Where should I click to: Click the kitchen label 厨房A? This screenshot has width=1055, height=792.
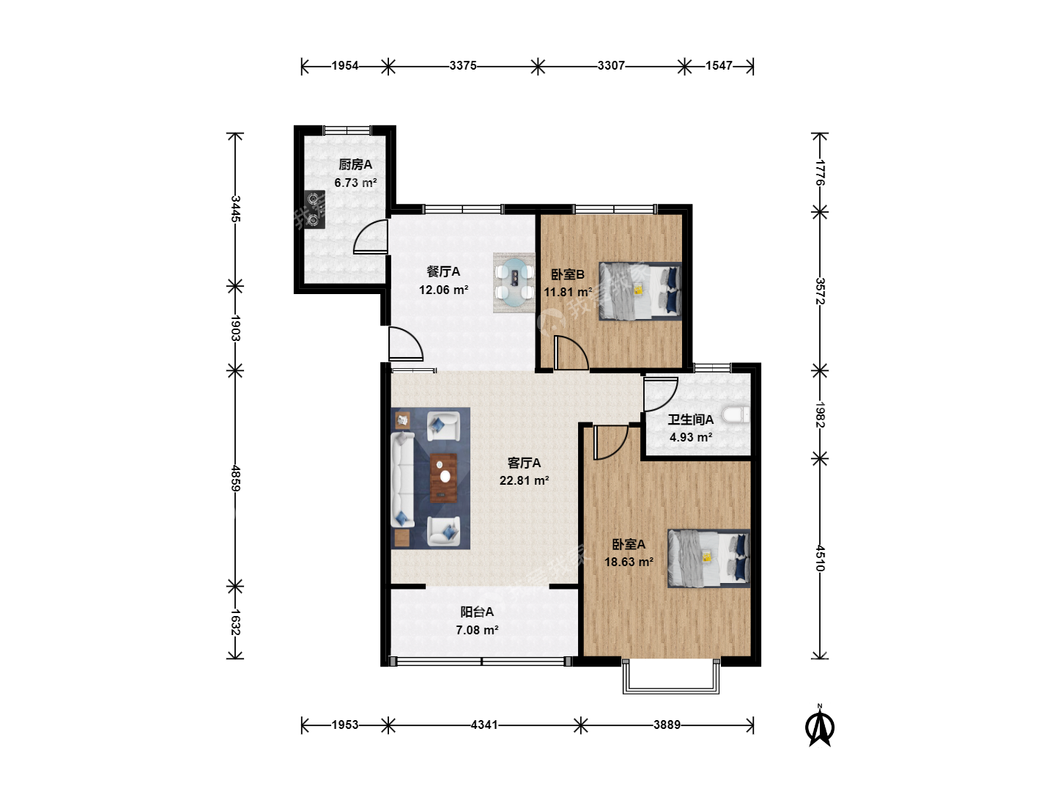355,164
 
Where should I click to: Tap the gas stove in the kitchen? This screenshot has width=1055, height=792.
314,210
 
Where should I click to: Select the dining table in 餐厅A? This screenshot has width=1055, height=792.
514,282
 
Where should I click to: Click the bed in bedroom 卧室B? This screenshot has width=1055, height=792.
640,291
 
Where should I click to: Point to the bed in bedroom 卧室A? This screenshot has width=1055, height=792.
709,558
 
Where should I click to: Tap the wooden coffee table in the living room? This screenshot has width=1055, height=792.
443,478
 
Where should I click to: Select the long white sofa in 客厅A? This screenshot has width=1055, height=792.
403,480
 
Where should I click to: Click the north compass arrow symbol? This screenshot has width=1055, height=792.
820,727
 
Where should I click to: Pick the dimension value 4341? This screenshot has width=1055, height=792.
484,725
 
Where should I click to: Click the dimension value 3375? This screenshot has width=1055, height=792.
463,65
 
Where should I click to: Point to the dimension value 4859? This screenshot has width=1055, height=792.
235,478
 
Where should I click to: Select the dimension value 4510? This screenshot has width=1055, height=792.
820,558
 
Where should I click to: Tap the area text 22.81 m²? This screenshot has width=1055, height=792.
524,480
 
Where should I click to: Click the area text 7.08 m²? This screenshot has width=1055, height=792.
477,630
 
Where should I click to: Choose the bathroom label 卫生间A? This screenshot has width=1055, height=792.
691,419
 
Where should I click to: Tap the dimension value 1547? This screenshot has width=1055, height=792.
719,65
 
